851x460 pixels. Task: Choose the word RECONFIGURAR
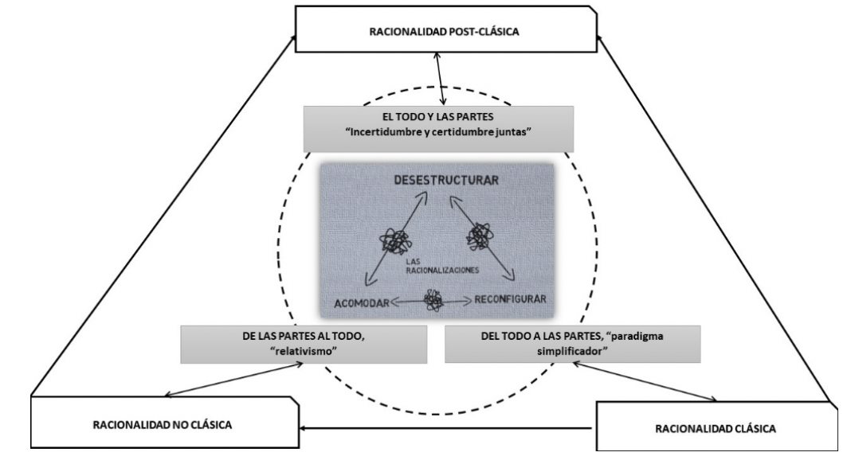click(x=509, y=300)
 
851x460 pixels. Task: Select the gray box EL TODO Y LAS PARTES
click(x=437, y=128)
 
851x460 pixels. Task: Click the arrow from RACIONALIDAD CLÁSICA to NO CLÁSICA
click(x=446, y=429)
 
